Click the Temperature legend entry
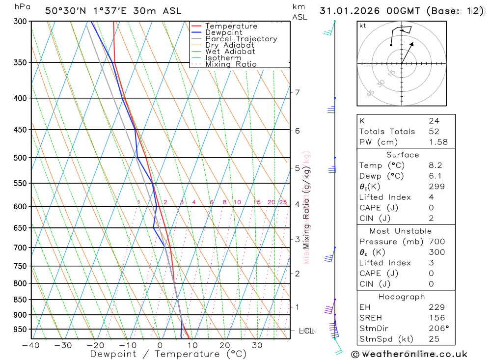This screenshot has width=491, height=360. [231, 26]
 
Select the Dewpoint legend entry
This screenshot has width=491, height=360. [223, 32]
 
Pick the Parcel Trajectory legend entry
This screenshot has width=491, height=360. [241, 39]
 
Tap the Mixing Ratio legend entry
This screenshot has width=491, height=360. [231, 64]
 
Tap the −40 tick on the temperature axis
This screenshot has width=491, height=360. [31, 345]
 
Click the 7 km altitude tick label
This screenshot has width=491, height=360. [297, 92]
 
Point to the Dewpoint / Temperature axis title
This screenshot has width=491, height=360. [168, 354]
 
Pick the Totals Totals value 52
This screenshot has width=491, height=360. [434, 132]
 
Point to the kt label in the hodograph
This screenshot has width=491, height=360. [363, 26]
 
